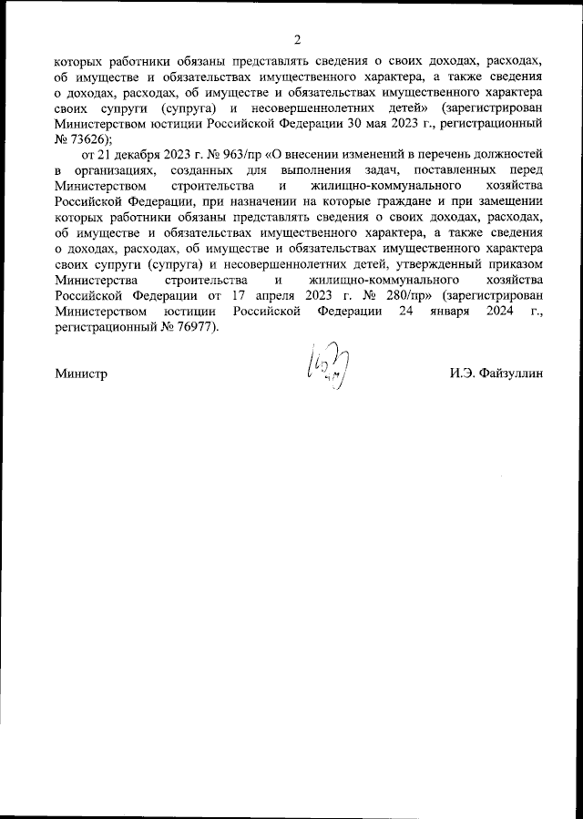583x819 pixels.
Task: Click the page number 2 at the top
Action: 297,38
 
